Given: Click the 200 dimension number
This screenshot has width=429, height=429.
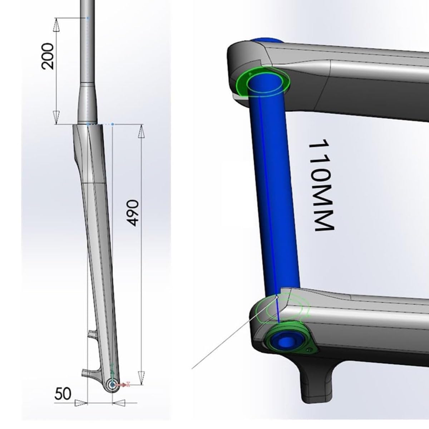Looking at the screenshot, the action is tap(48, 56).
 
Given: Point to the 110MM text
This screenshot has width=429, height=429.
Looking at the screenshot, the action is tap(322, 185).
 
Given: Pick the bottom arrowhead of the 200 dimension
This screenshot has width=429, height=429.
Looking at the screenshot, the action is tap(57, 118).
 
